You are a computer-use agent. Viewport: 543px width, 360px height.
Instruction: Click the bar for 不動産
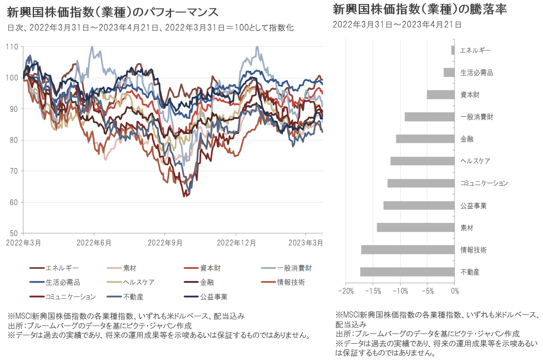407,272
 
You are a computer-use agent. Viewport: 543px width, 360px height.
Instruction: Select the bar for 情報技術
408,249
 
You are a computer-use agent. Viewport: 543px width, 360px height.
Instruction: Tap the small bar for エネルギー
453,50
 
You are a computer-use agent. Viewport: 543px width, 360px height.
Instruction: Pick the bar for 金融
425,139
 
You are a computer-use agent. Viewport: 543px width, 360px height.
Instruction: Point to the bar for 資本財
440,95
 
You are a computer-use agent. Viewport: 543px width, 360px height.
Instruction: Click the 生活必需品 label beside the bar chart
476,73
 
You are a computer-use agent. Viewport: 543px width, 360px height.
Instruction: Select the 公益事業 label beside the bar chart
473,206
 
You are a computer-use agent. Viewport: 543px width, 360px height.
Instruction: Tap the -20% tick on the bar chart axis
345,291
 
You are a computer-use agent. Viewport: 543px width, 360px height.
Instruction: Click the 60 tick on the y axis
14,203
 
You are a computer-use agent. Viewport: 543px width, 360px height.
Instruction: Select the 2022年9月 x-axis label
164,243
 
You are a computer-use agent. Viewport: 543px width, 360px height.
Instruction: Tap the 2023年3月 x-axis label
306,243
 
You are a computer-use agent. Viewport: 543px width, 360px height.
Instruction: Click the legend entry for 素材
130,268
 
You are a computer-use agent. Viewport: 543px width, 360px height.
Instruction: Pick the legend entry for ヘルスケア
139,282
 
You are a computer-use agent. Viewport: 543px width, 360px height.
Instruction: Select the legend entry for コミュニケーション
70,296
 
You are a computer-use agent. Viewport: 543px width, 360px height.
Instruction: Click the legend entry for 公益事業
214,296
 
